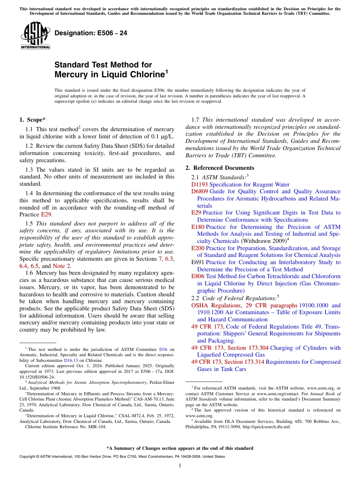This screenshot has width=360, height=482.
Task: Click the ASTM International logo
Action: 35,36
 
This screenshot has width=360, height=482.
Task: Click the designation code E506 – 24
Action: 91,33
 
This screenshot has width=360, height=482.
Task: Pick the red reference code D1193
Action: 200,185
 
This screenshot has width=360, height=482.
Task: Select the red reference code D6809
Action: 200,192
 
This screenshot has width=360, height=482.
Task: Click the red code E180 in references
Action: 198,227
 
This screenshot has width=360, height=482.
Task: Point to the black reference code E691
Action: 198,262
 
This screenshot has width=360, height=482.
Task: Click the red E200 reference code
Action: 198,248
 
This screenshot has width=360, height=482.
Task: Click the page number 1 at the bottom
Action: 180,466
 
